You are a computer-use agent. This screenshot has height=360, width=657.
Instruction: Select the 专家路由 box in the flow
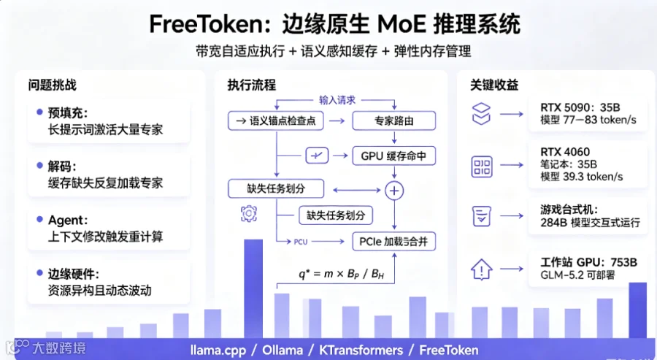point(394,120)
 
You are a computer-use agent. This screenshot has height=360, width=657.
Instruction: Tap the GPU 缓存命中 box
point(394,156)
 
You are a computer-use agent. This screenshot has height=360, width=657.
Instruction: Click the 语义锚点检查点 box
point(276,120)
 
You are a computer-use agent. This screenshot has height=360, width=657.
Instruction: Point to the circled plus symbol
point(394,191)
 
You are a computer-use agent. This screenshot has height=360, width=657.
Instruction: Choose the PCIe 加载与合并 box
point(394,242)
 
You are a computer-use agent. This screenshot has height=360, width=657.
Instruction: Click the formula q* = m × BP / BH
point(341,274)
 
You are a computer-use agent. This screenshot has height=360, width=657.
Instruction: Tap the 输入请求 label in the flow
point(337,100)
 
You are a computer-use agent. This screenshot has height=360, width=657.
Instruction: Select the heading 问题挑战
point(53,85)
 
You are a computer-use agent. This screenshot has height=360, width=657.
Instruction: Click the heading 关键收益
point(494,85)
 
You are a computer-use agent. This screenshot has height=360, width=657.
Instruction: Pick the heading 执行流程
point(252,85)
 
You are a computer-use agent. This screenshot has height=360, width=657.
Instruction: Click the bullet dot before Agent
point(40,219)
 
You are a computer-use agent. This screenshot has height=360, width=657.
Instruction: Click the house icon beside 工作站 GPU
point(482,269)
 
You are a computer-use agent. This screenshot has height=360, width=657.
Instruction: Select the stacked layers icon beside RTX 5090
point(481,114)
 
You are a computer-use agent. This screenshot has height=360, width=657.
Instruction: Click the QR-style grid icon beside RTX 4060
point(482,166)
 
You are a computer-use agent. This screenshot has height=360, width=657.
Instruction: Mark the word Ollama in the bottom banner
point(283,350)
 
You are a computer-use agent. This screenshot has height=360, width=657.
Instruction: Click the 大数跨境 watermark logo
point(45,348)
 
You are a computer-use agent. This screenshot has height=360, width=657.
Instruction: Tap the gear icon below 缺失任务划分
point(248,214)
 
